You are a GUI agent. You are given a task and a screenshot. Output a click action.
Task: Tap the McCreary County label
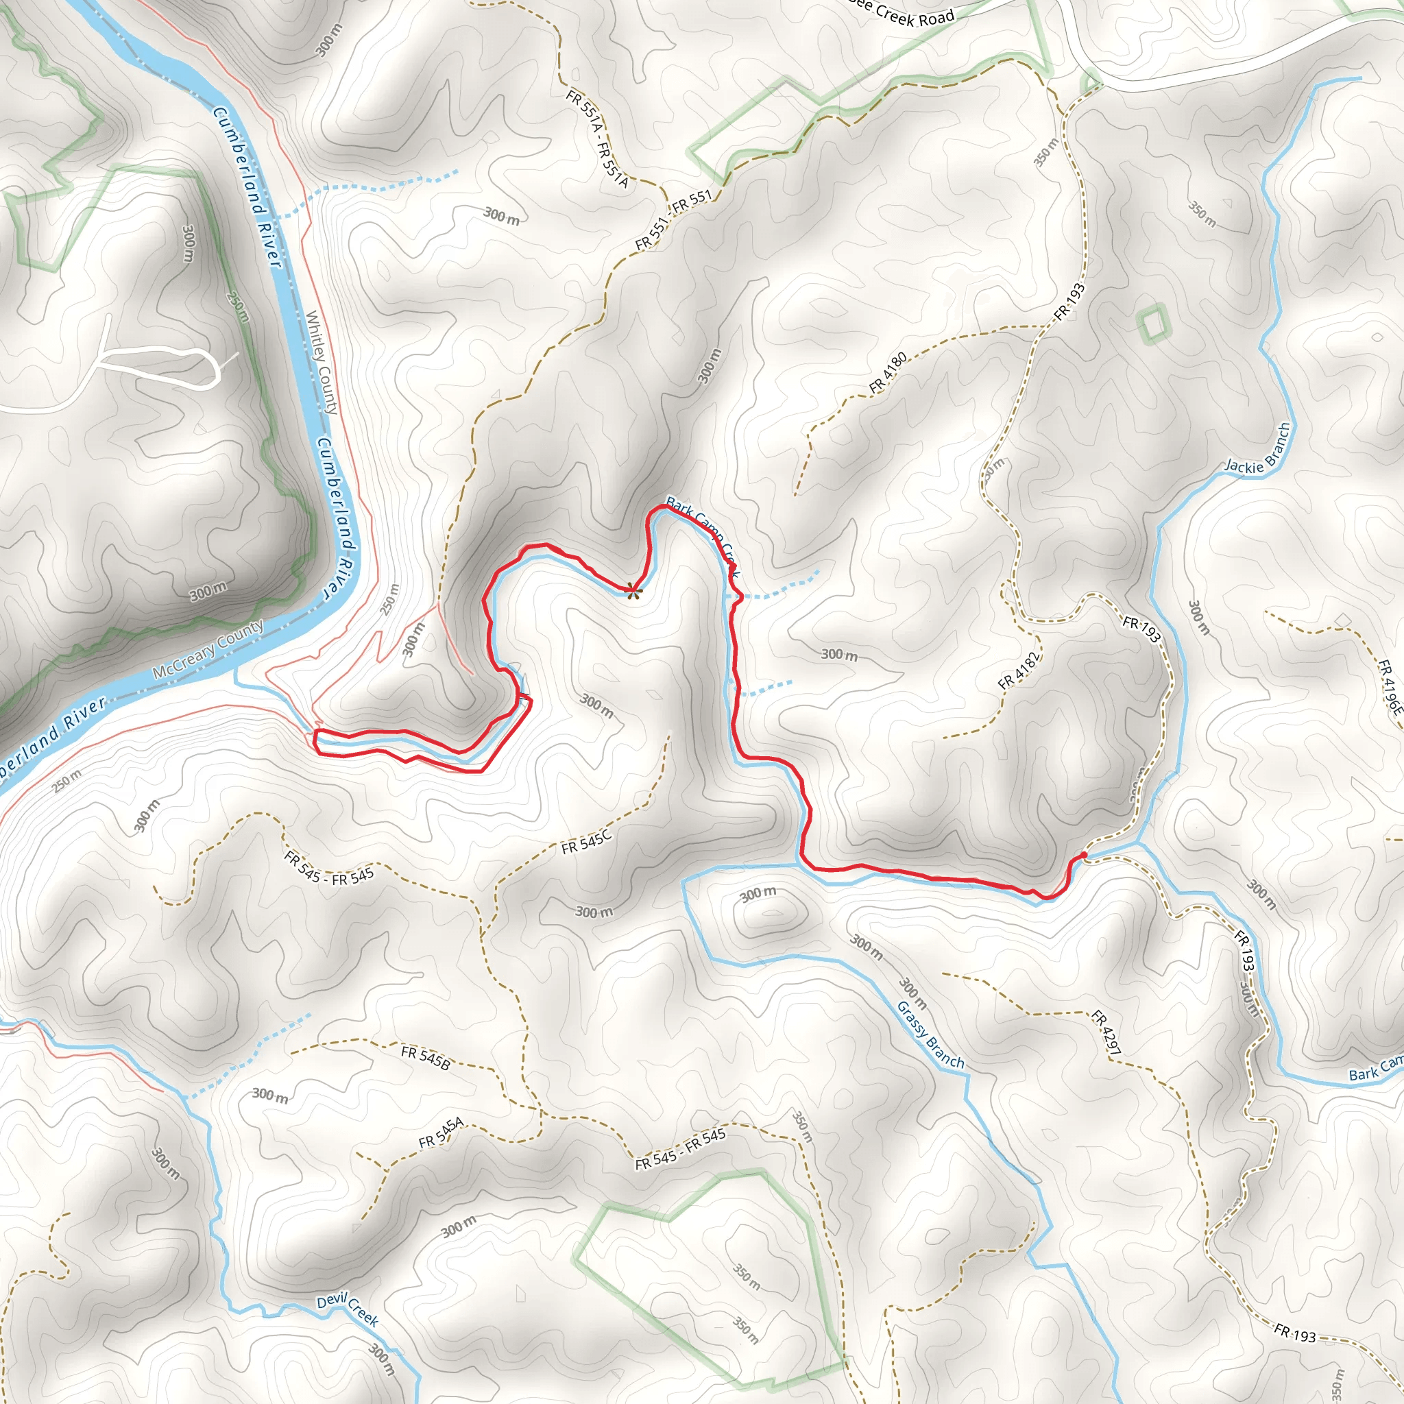point(208,650)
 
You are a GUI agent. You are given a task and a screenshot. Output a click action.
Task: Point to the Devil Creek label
point(348,1309)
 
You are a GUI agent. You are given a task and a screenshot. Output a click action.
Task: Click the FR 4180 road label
point(888,373)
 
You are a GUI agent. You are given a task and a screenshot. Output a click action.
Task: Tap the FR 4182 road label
point(1019,670)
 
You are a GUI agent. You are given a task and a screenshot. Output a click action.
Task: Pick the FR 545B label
point(425,1056)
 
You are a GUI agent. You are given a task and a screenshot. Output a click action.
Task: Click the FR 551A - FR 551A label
point(596,138)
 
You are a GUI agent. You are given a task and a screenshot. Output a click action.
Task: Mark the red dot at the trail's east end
point(1084,855)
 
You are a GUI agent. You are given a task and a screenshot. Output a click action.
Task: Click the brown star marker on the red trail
point(633,592)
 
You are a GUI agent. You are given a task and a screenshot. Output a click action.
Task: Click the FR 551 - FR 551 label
point(674,221)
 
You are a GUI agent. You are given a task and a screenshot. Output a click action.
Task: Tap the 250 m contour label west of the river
point(238,306)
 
